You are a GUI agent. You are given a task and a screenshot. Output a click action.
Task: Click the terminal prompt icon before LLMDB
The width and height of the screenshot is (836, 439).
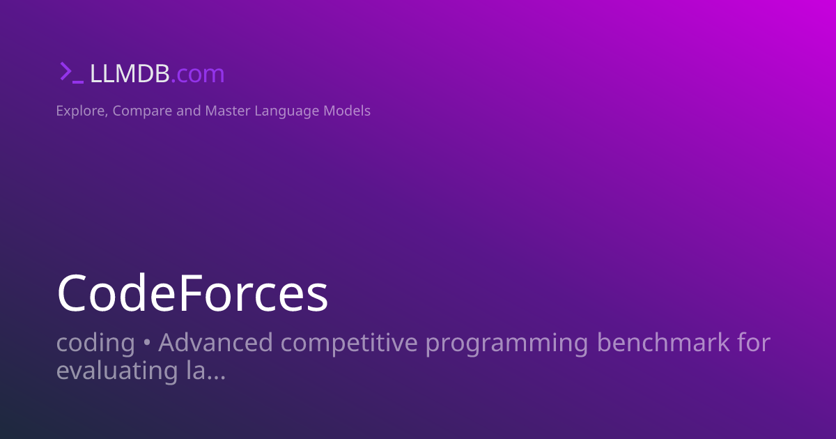click(71, 73)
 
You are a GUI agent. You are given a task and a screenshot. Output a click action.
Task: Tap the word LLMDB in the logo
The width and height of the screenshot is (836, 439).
click(130, 74)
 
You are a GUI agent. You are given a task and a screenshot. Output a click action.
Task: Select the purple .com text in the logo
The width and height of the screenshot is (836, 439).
click(198, 74)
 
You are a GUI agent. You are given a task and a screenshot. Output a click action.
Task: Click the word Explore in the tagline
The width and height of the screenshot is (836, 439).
click(80, 111)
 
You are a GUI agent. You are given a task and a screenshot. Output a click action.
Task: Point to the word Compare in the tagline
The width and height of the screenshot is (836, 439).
click(142, 111)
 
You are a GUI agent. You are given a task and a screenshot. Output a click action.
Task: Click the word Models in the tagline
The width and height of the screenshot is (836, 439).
click(347, 111)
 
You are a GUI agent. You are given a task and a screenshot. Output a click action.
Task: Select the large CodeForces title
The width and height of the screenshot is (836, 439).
click(192, 293)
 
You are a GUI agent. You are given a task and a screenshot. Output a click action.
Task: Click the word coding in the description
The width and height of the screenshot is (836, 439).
click(95, 344)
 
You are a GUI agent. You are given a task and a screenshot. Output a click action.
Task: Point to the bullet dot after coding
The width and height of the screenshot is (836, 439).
click(147, 344)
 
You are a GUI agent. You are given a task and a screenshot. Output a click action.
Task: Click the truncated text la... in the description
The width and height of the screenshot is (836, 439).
click(206, 371)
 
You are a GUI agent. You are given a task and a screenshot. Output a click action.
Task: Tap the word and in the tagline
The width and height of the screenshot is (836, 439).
click(188, 111)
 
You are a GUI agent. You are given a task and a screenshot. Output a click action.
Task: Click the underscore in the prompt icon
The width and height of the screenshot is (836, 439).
click(78, 82)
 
